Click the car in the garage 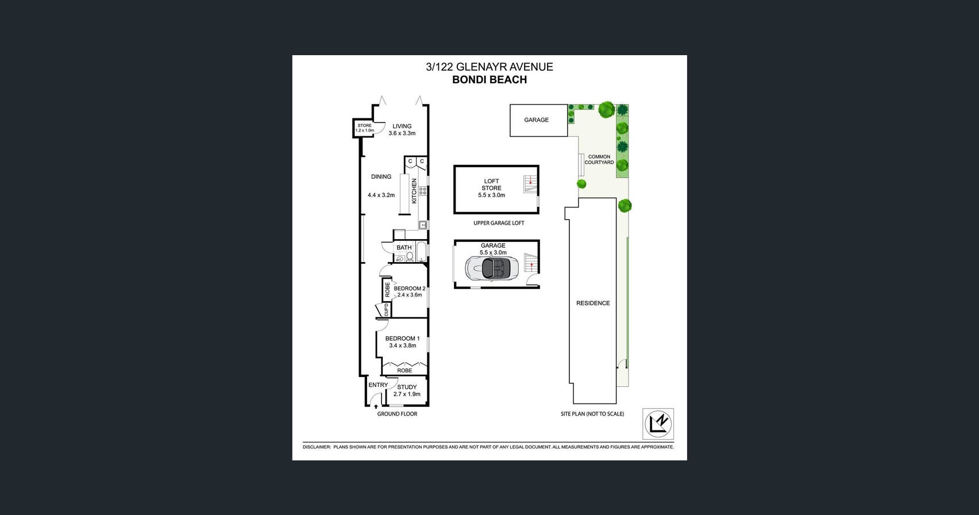coord(492,268)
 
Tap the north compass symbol coord(658,424)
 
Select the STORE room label coord(364,125)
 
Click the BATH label coord(404,248)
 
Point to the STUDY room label coord(407,387)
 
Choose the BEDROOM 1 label coord(403,339)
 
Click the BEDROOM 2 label coord(410,289)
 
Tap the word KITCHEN coord(414,191)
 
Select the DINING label coord(381,176)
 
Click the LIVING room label coord(402,126)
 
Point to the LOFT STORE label coord(492,185)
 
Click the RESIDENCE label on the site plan coord(593,303)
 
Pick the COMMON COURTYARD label coord(599,160)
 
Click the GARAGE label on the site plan coord(537,120)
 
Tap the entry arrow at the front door coord(376,406)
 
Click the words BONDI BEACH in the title coord(489,79)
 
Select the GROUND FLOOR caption coord(397,414)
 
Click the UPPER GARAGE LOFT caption coord(499,223)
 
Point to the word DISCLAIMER coord(317,447)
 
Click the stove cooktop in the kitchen coord(423,191)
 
